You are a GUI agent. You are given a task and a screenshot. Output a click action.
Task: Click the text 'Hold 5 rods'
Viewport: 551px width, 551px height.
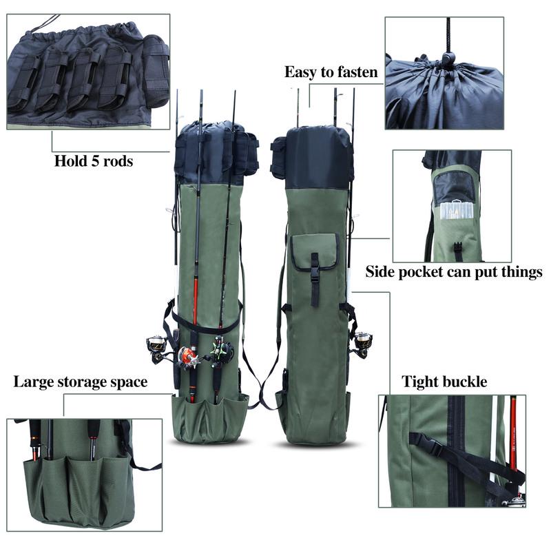(x=94, y=163)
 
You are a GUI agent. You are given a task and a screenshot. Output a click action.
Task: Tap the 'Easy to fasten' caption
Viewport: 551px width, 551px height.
(x=331, y=72)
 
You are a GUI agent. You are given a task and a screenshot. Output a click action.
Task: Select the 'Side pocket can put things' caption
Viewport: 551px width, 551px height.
(x=453, y=271)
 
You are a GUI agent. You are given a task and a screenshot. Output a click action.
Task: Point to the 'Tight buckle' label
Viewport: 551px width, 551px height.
(x=444, y=382)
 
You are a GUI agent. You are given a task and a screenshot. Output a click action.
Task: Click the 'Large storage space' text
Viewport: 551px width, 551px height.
(x=80, y=382)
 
